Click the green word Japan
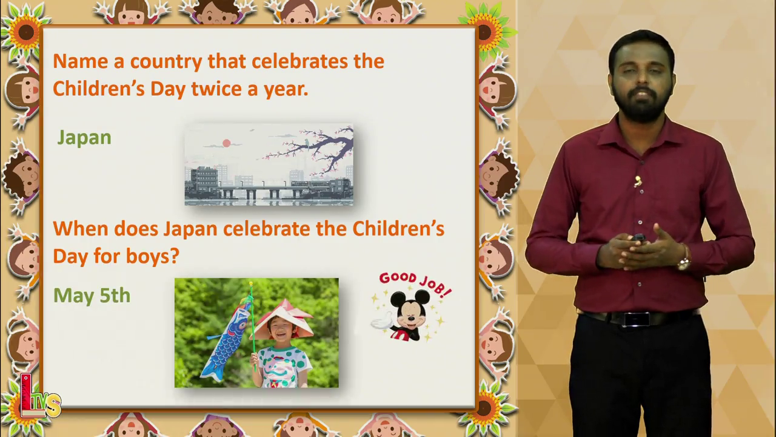(x=84, y=138)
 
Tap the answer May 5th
(x=92, y=296)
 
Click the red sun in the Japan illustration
(x=227, y=143)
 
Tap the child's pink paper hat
(x=282, y=319)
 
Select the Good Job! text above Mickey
(x=415, y=283)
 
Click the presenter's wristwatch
(x=684, y=263)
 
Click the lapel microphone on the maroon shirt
(x=638, y=181)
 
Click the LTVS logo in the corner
(x=39, y=396)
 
